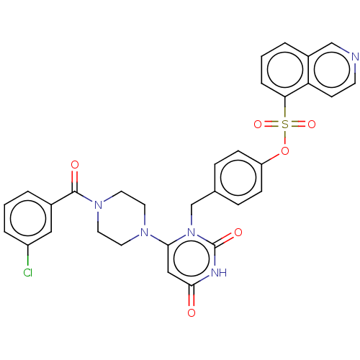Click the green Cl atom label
pyautogui.click(x=28, y=273)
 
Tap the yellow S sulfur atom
pyautogui.click(x=285, y=125)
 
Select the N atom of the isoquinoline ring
pyautogui.click(x=355, y=57)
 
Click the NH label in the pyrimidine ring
pyautogui.click(x=219, y=273)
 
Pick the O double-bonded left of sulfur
pyautogui.click(x=258, y=125)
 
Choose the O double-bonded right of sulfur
pyautogui.click(x=312, y=125)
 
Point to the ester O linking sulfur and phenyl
pyautogui.click(x=285, y=151)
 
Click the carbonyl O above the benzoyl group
pyautogui.click(x=75, y=165)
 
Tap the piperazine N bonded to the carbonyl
pyautogui.click(x=98, y=205)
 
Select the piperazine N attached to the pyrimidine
pyautogui.click(x=145, y=232)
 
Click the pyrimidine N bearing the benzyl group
pyautogui.click(x=192, y=232)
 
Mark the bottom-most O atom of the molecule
pyautogui.click(x=192, y=313)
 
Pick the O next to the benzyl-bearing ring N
pyautogui.click(x=238, y=232)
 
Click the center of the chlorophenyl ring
pyautogui.click(x=28, y=218)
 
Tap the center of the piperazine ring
pyautogui.click(x=121, y=218)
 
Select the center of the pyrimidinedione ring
pyautogui.click(x=192, y=259)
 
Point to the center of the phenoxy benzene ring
pyautogui.click(x=238, y=178)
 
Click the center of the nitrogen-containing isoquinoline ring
pyautogui.click(x=332, y=70)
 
